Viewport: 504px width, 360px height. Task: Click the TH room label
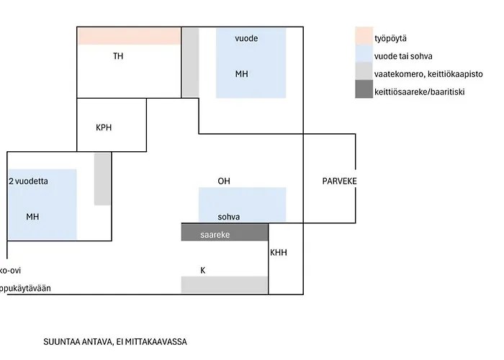click(x=119, y=55)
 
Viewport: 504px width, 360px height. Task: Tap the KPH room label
click(x=104, y=127)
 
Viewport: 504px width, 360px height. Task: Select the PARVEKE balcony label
click(x=339, y=181)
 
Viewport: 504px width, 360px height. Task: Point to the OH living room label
click(x=224, y=181)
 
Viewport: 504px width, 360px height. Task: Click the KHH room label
click(x=278, y=253)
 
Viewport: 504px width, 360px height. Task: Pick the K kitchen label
click(x=203, y=271)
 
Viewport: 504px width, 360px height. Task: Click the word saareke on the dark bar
click(x=215, y=235)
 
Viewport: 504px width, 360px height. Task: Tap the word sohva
click(x=229, y=217)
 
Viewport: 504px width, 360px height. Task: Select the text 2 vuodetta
click(x=28, y=181)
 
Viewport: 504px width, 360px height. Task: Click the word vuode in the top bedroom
click(x=246, y=37)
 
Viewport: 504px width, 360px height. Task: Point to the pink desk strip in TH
click(x=129, y=36)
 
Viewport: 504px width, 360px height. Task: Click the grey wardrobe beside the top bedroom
click(x=190, y=62)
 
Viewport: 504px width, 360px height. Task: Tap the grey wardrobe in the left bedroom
click(x=102, y=179)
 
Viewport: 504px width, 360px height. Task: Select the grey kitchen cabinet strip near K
click(x=225, y=284)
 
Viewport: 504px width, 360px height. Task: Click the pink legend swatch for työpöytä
click(x=364, y=36)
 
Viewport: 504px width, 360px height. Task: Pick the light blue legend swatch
click(x=364, y=54)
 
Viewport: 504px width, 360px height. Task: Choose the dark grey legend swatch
click(x=364, y=90)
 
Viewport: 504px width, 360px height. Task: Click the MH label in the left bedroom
click(x=32, y=217)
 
